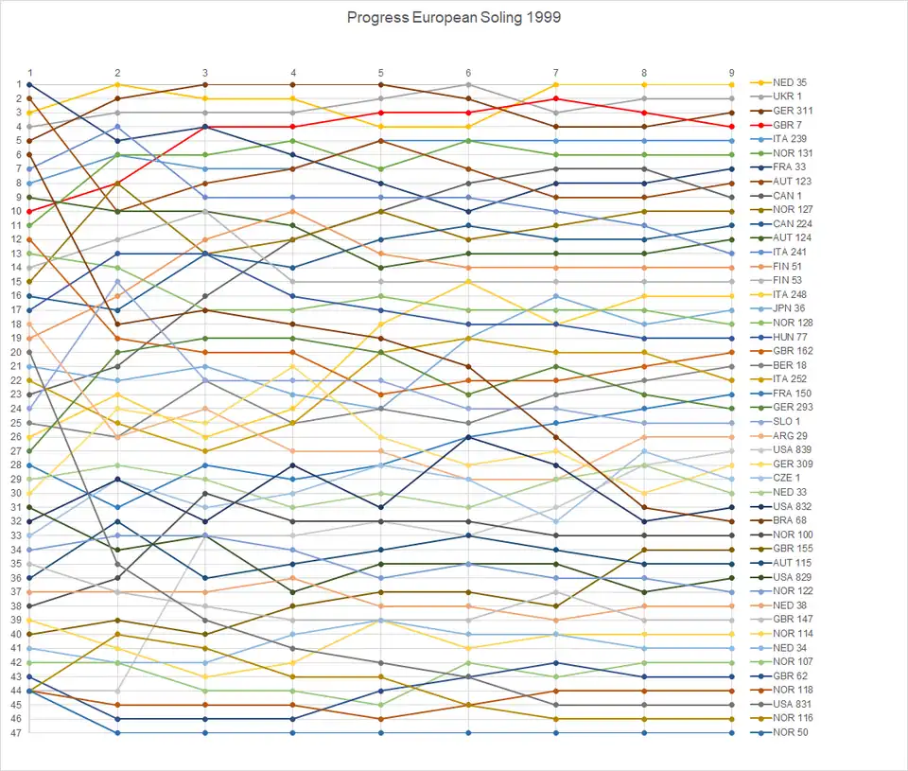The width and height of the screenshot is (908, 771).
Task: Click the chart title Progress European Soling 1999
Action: tap(454, 18)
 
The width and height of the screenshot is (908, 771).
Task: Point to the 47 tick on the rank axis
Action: tap(17, 733)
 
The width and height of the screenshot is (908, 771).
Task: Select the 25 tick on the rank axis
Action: tap(17, 423)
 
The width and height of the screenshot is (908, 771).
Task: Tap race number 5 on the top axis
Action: tap(380, 73)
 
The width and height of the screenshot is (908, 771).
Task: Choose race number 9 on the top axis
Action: tap(731, 73)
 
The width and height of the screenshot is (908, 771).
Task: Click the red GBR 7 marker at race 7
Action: tap(556, 98)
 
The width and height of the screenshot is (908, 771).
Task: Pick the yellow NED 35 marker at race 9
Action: tap(731, 84)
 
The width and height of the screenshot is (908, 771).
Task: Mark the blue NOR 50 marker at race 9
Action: tap(731, 733)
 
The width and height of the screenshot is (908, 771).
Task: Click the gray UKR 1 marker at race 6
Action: tap(468, 84)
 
